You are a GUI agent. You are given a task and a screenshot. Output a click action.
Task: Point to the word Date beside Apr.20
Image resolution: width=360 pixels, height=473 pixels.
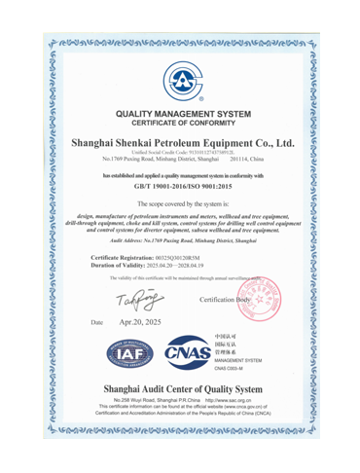point(95,321)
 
